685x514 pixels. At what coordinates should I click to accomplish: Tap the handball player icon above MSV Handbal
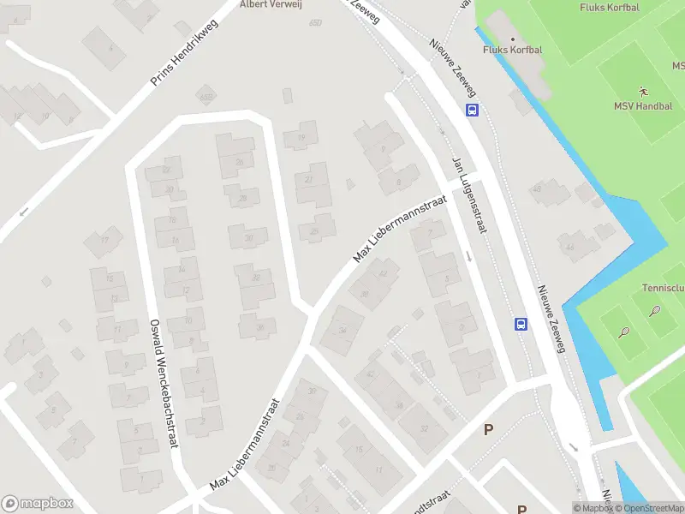643,90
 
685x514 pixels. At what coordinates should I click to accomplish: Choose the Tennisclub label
663,289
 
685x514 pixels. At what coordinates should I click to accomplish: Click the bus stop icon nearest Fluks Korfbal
472,110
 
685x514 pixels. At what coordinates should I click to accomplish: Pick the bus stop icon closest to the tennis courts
520,324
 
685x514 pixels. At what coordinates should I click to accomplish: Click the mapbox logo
38,504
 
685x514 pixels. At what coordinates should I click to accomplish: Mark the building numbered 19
301,138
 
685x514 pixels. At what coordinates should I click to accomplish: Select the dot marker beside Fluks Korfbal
513,39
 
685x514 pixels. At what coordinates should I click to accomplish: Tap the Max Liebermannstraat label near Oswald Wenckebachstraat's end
246,445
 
